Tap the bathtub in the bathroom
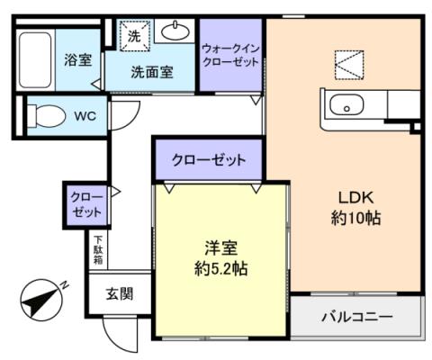click(35, 59)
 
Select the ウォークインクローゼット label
click(230, 56)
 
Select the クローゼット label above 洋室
click(209, 160)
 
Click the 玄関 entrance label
click(119, 293)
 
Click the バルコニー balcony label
click(356, 317)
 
